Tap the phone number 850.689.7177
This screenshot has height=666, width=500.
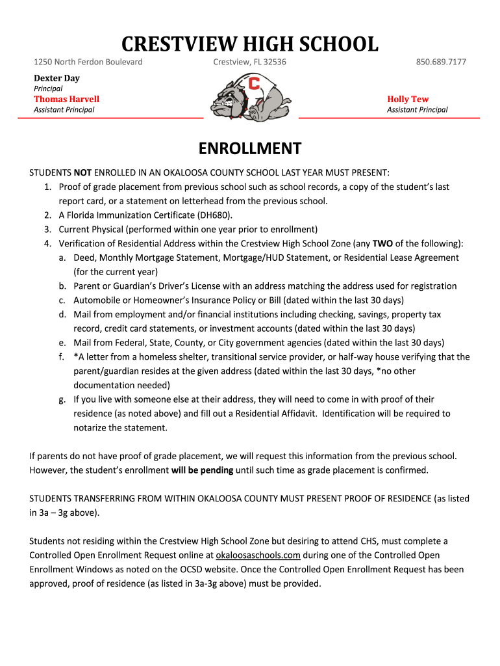[441, 62]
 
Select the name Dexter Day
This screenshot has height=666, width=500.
[56, 78]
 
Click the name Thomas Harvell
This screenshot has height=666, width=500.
[66, 99]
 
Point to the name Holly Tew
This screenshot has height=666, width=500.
[408, 99]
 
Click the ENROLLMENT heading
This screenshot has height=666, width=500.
[250, 149]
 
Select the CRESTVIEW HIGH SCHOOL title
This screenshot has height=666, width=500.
[250, 44]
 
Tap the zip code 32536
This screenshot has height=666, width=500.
[271, 62]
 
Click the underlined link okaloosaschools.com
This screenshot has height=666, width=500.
[258, 555]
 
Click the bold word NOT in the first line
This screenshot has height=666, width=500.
[82, 173]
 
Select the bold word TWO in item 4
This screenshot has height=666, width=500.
[382, 244]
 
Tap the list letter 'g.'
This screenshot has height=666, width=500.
[62, 399]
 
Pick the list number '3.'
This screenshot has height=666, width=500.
[48, 230]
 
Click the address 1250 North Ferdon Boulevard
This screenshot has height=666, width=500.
[88, 62]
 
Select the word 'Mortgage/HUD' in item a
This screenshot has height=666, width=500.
[253, 258]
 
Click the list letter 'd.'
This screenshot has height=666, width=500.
[62, 315]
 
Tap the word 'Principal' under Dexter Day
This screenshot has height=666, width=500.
[48, 88]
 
